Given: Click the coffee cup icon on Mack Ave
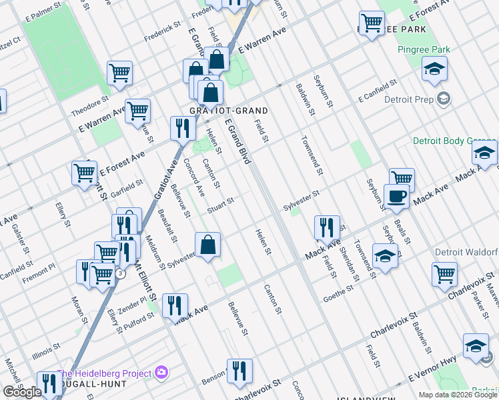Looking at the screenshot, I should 396,196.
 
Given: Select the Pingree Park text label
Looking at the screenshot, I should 424,49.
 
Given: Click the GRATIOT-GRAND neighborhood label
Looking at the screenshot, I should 218,111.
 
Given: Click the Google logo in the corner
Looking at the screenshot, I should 22,392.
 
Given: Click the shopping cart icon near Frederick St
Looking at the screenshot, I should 119,73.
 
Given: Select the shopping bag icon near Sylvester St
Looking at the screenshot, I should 208,244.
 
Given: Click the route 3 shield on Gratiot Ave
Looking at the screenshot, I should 119,273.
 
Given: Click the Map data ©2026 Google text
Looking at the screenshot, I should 458,395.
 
